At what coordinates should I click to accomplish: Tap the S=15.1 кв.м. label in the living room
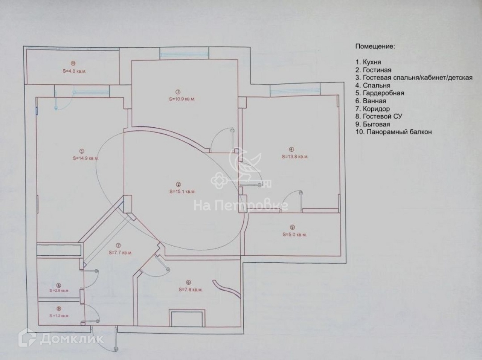tap(182, 192)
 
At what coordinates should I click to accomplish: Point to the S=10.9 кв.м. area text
tap(182, 99)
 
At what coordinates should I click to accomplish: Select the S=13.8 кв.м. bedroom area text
tap(295, 157)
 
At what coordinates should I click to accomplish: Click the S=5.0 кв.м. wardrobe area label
tap(295, 235)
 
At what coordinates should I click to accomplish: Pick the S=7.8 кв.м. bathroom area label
tap(190, 290)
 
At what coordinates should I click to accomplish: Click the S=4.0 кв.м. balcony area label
tap(74, 71)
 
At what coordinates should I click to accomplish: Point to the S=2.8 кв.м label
tap(59, 291)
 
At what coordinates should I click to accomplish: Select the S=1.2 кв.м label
tap(59, 316)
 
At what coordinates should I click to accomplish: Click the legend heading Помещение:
tap(375, 46)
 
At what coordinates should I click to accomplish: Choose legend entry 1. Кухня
tap(368, 62)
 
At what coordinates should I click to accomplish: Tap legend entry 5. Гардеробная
tap(380, 93)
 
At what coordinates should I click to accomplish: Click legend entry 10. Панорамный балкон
tap(393, 132)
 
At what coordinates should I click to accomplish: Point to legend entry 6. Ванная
tap(371, 101)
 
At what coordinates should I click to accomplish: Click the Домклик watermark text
tap(72, 339)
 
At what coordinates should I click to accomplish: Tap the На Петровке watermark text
tap(241, 206)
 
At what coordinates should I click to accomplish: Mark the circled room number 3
tap(178, 92)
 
